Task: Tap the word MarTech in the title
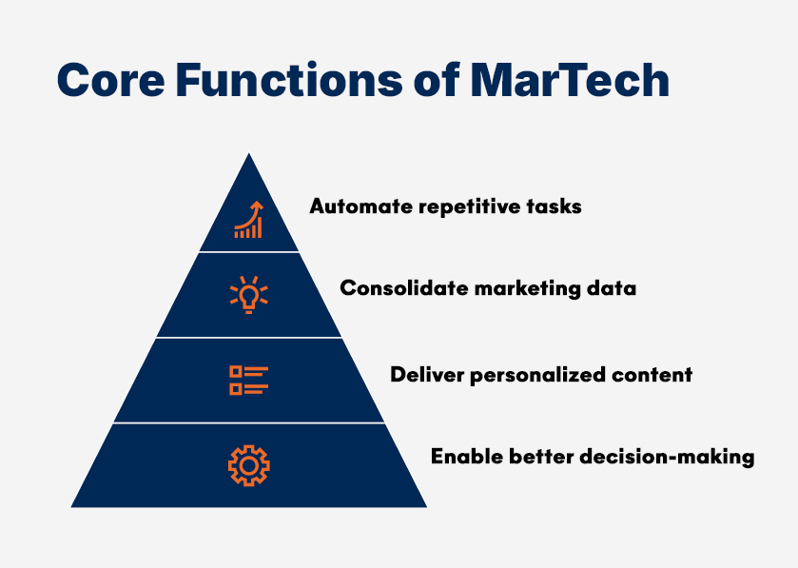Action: click(x=570, y=81)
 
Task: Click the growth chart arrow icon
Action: click(x=249, y=220)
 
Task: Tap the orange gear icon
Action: click(x=249, y=464)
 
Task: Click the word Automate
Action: click(x=353, y=206)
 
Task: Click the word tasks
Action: click(x=552, y=206)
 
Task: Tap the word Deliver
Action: click(x=423, y=374)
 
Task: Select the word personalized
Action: click(x=538, y=375)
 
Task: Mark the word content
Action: click(x=657, y=374)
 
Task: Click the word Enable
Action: click(x=461, y=457)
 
